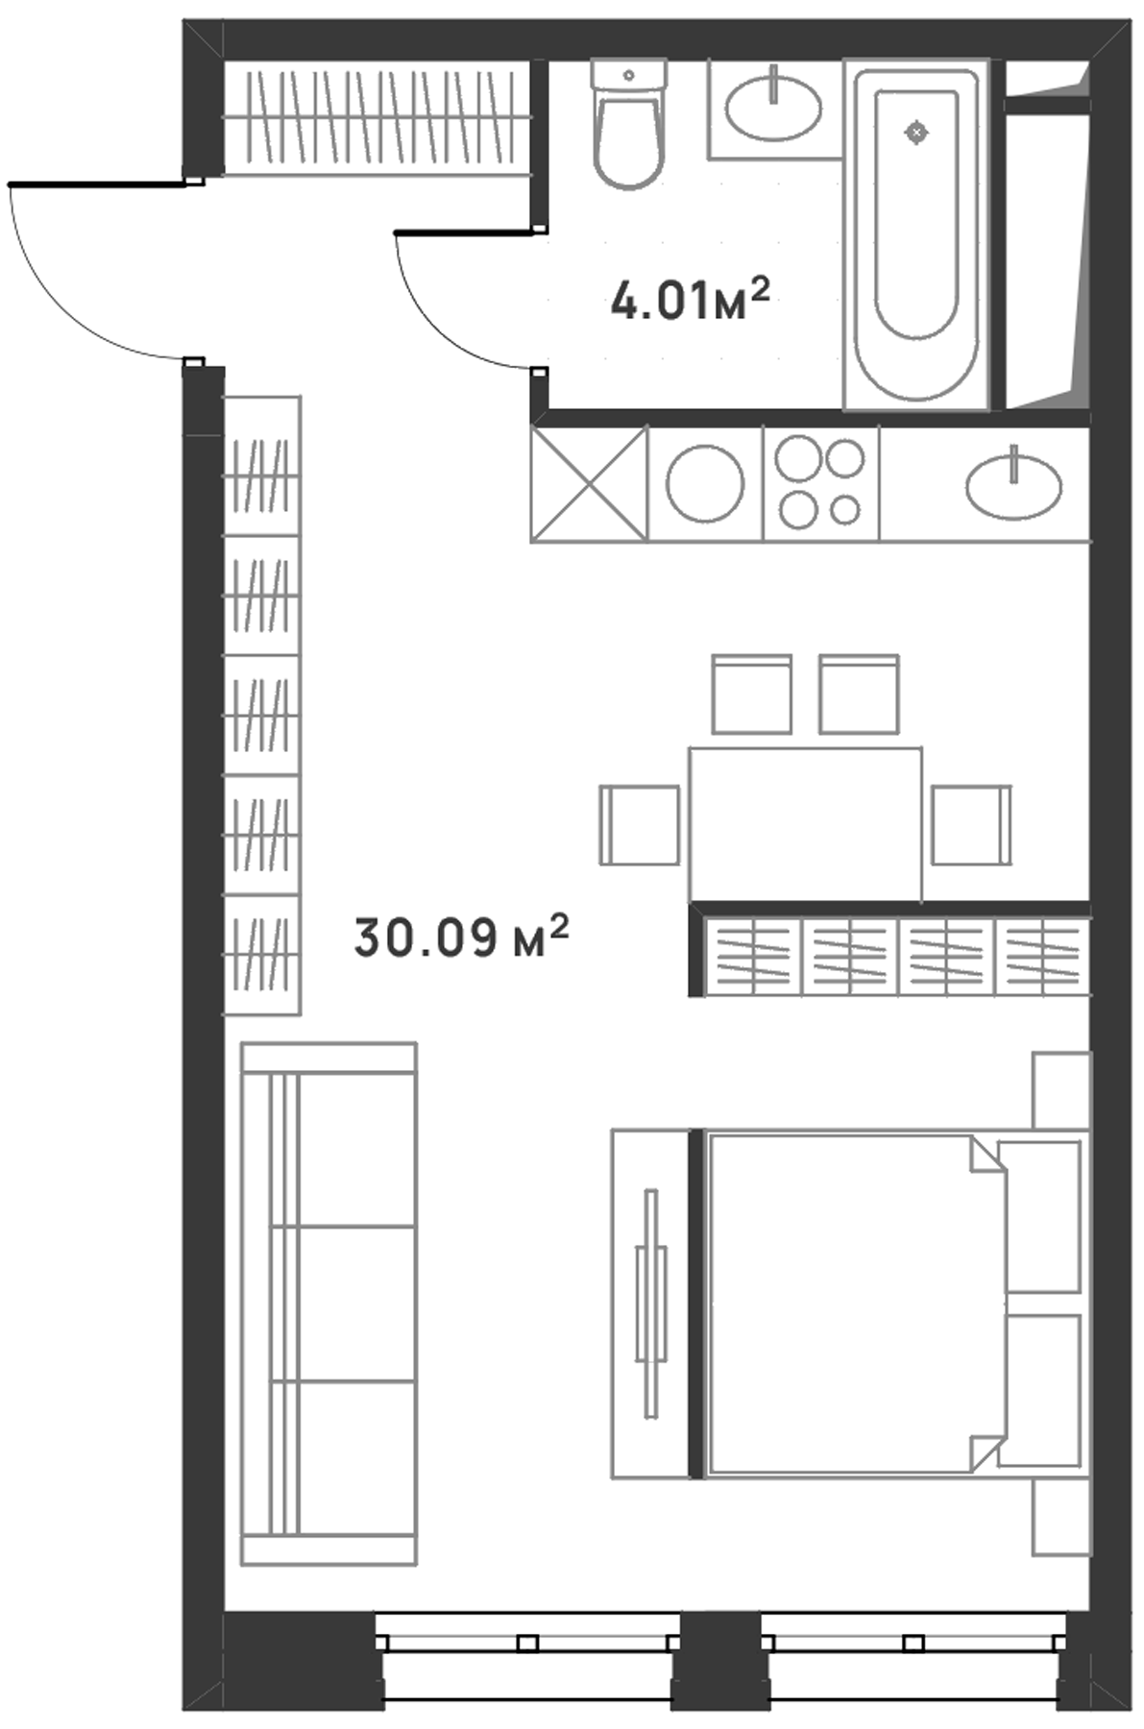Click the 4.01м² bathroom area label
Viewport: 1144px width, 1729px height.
[x=691, y=300]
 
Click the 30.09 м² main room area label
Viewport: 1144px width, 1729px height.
[x=461, y=938]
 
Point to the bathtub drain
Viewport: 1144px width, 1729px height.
[x=917, y=133]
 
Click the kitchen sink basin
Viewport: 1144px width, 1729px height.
[x=1014, y=486]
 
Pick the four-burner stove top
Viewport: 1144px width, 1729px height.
[x=821, y=483]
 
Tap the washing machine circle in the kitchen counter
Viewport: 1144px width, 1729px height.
[x=705, y=483]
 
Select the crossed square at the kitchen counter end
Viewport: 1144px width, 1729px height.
[x=589, y=483]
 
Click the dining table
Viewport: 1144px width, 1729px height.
[x=805, y=825]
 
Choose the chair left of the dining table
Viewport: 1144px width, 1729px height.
[x=640, y=825]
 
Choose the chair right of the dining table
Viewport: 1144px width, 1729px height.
[x=971, y=825]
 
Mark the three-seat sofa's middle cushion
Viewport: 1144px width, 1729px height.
[x=344, y=1303]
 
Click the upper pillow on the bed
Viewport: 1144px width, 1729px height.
[x=1040, y=1216]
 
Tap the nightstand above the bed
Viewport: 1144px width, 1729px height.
[x=1061, y=1090]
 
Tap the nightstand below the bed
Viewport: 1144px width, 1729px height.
[x=1061, y=1518]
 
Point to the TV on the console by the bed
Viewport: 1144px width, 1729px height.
[x=651, y=1303]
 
